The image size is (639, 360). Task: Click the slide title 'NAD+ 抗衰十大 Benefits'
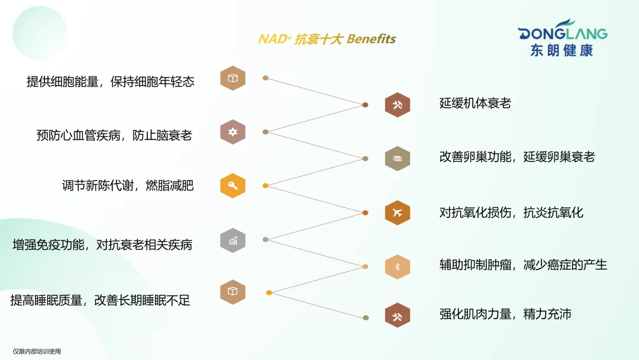coord(327,39)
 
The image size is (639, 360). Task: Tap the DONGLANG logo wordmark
coord(562,33)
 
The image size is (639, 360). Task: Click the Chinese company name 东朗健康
coord(561,50)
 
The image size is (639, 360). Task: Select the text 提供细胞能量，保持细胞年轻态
coord(110,82)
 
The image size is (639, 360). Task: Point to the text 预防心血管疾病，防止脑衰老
coord(114,135)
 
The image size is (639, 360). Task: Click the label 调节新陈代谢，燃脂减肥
coord(127,185)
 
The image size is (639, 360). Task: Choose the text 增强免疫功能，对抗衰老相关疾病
coord(102,244)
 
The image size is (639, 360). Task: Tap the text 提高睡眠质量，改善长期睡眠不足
coord(100,300)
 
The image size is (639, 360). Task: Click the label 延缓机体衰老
coord(475,103)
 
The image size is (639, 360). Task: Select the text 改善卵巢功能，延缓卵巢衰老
coord(517,156)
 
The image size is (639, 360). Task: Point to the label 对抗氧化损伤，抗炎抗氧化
coord(511,212)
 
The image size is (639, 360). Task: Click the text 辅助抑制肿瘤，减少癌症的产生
coord(523,265)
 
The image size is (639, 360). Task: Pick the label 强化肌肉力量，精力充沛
coord(505,314)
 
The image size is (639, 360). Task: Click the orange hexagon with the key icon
coord(233,185)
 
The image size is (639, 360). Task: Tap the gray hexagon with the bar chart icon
coord(233,240)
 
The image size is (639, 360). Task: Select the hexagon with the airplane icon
coord(398,213)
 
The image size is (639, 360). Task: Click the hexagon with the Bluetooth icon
coord(398,266)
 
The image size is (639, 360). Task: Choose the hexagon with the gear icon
coord(233,131)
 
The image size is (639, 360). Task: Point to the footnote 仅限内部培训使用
coord(37,352)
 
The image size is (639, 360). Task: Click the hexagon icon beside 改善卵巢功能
coord(398,158)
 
